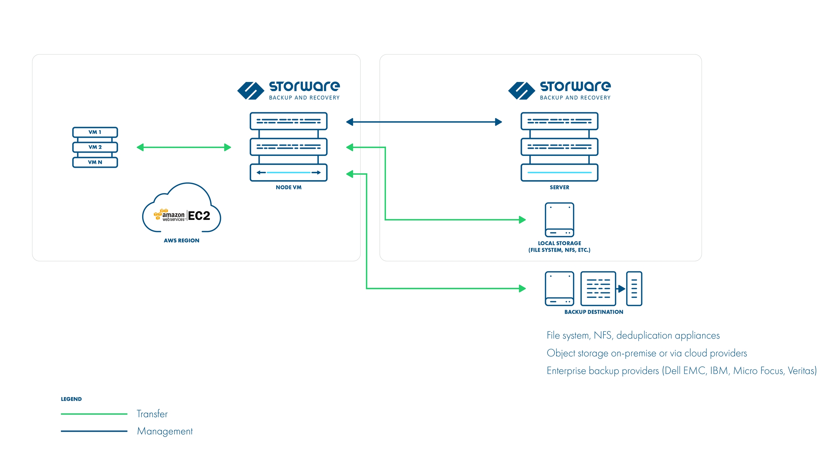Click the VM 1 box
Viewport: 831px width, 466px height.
pyautogui.click(x=95, y=132)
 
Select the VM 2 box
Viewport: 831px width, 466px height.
pyautogui.click(x=95, y=147)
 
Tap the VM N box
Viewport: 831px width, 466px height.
pyautogui.click(x=95, y=162)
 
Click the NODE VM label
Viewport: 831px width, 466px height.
pyautogui.click(x=289, y=187)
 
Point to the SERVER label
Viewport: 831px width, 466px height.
pyautogui.click(x=559, y=187)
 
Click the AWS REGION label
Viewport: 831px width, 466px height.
pyautogui.click(x=181, y=240)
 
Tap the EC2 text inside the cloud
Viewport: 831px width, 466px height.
pyautogui.click(x=199, y=216)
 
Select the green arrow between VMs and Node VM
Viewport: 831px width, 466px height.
pyautogui.click(x=184, y=147)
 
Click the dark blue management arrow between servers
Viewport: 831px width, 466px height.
pyautogui.click(x=424, y=122)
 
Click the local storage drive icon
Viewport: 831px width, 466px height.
pyautogui.click(x=559, y=219)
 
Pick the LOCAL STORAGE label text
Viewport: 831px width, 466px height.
pyautogui.click(x=559, y=243)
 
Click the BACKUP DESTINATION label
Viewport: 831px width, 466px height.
pyautogui.click(x=594, y=312)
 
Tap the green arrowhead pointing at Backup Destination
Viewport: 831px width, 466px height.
pyautogui.click(x=522, y=288)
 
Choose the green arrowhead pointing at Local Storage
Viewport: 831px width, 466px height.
pyautogui.click(x=522, y=219)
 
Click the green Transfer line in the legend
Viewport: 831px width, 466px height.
pyautogui.click(x=94, y=414)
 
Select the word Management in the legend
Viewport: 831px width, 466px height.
pyautogui.click(x=165, y=431)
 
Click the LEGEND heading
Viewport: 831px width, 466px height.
pyautogui.click(x=71, y=399)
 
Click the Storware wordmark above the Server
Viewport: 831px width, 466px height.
pyautogui.click(x=575, y=86)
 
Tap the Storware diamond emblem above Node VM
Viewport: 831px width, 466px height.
pyautogui.click(x=251, y=91)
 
